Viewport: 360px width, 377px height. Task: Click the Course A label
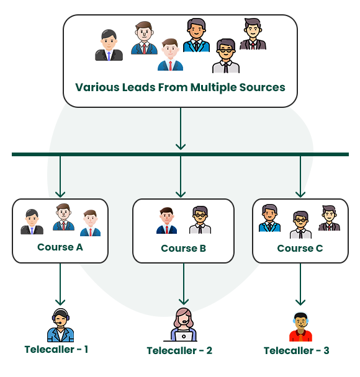(60, 247)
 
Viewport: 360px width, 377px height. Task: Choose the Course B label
(183, 249)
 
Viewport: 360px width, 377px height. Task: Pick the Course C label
(300, 248)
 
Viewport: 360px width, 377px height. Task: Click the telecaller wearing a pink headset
(184, 324)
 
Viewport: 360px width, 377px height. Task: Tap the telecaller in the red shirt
(300, 327)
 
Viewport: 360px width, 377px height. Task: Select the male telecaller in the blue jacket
(60, 326)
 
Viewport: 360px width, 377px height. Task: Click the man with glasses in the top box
(226, 56)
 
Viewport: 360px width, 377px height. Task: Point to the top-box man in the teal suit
(196, 36)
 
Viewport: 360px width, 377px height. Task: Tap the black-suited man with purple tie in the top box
(109, 46)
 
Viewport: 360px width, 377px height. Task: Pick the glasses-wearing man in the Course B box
(200, 221)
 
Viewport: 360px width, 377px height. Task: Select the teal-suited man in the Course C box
(269, 218)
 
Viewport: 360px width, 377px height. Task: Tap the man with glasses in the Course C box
(300, 225)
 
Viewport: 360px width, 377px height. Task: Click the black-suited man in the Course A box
(32, 222)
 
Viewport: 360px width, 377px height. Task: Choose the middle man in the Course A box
(63, 218)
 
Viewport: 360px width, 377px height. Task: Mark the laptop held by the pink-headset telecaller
(184, 337)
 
